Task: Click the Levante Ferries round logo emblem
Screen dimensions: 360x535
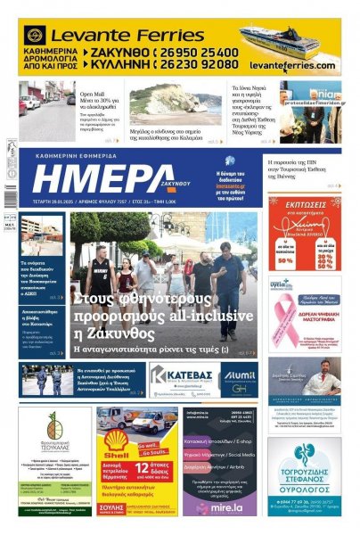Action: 36,36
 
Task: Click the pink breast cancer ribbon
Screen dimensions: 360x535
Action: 282,311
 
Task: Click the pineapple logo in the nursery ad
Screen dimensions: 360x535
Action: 54,426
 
